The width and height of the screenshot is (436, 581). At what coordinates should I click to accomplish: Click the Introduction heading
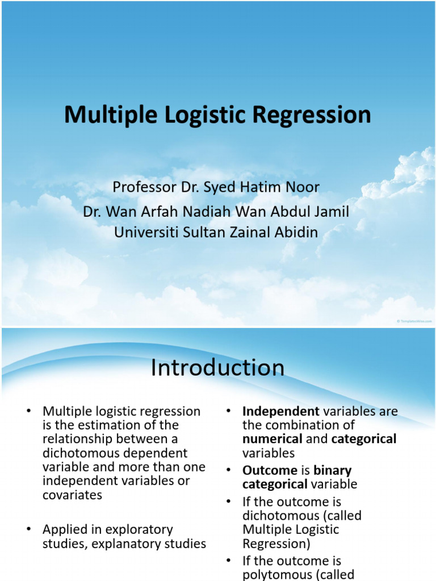tap(217, 368)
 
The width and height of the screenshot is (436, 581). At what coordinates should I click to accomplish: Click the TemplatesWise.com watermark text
tap(414, 321)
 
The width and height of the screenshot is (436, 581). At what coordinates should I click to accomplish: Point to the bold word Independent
tap(272, 411)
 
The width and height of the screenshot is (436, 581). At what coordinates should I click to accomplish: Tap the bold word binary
tap(333, 470)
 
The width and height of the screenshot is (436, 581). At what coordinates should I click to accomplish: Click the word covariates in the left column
tap(72, 495)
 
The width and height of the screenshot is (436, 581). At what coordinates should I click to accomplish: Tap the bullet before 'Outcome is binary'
tap(228, 470)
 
